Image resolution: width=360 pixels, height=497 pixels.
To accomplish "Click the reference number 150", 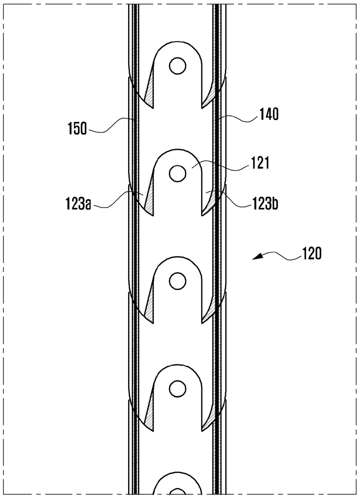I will tap(77, 129).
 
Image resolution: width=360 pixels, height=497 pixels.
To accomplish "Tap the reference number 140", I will tap(269, 114).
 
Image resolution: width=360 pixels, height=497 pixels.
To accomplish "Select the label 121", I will tap(260, 163).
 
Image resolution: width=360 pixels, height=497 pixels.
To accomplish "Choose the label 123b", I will tap(265, 204).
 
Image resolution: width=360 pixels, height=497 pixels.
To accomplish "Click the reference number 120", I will tap(311, 254).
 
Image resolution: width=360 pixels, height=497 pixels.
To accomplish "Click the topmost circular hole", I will tap(178, 66).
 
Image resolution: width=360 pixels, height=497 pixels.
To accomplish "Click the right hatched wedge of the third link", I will tap(208, 313).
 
